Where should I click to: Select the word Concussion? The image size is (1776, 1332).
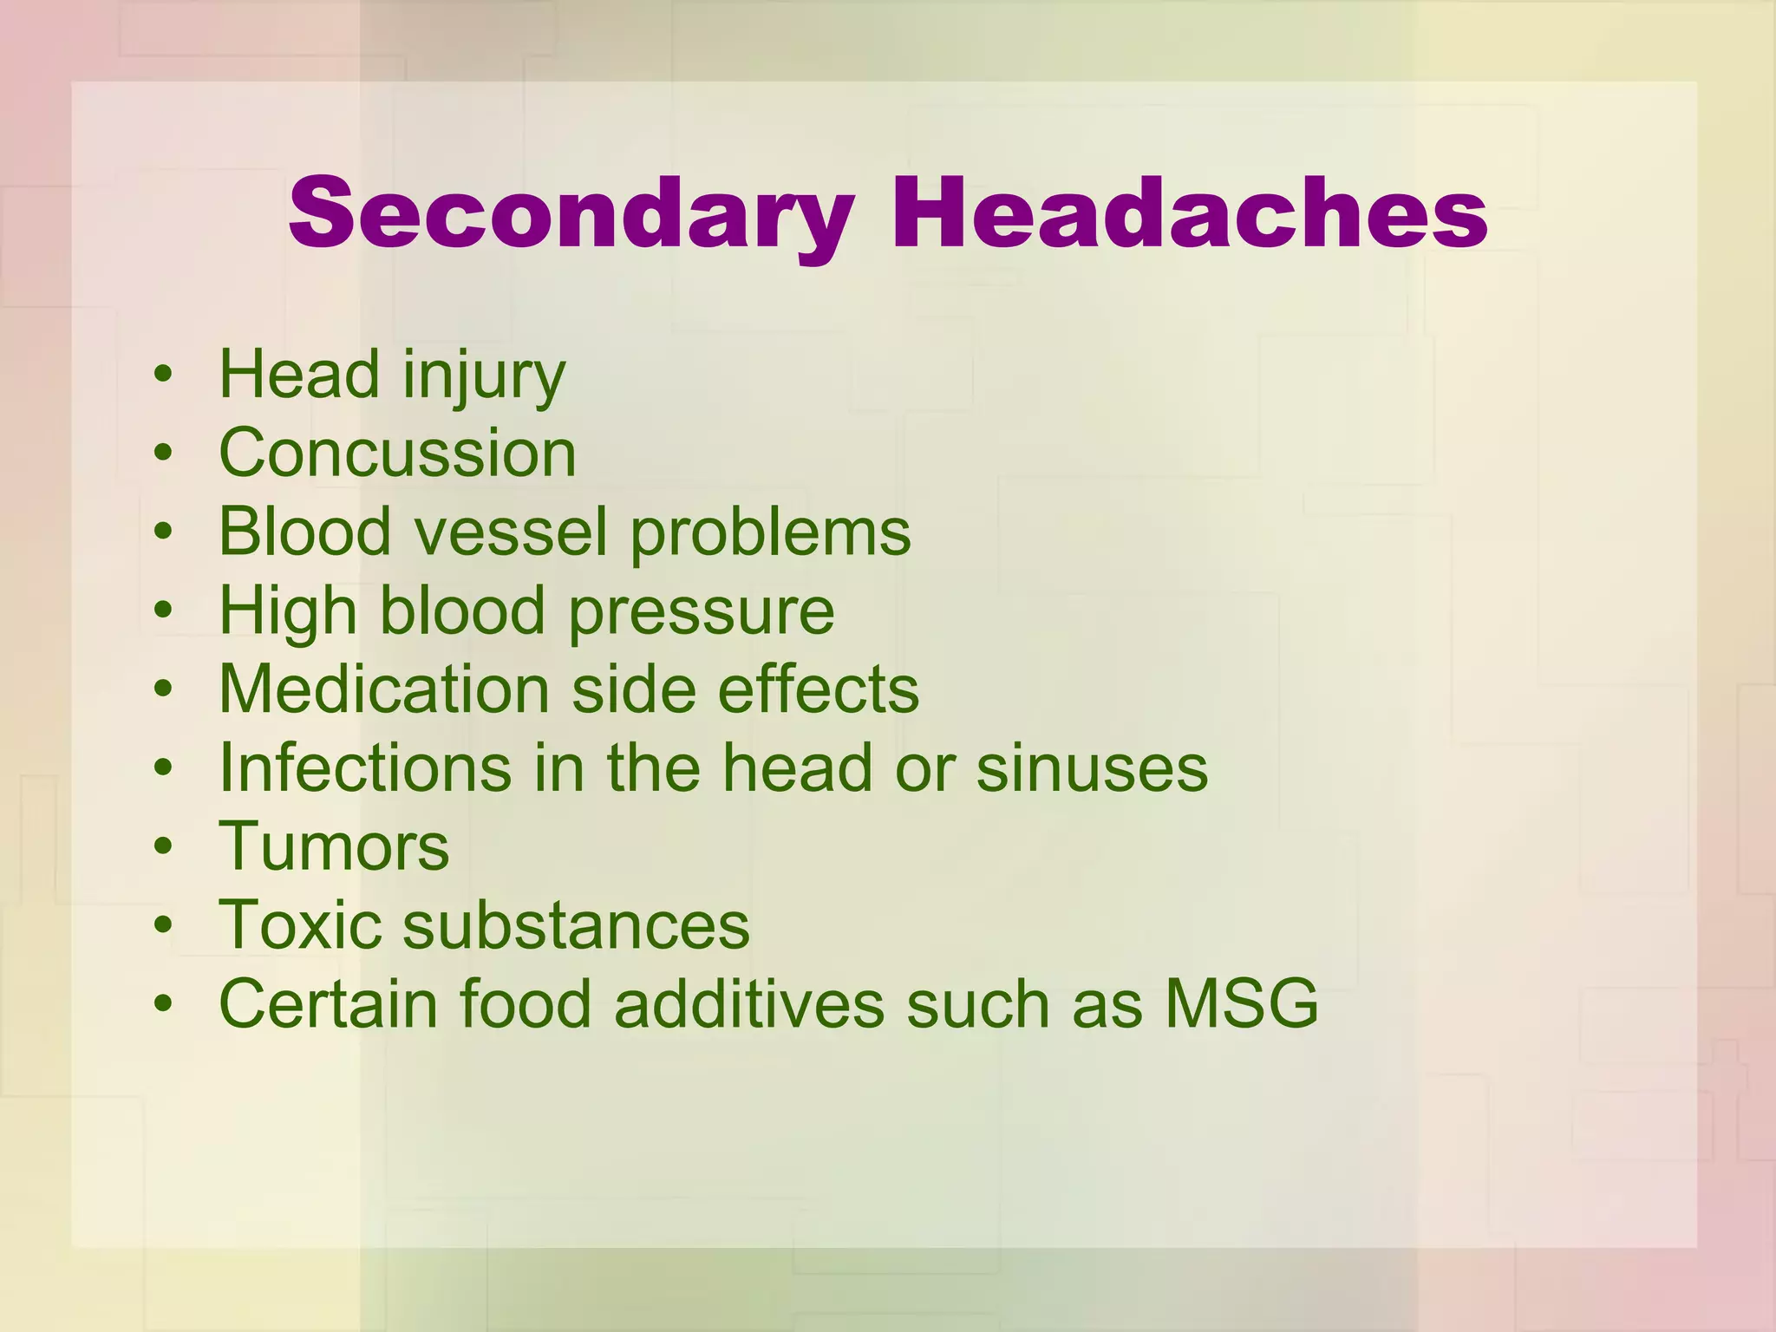click(x=397, y=454)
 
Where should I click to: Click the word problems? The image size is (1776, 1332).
click(x=770, y=532)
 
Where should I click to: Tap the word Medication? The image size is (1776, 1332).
click(x=384, y=689)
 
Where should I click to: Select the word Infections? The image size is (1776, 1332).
click(x=365, y=768)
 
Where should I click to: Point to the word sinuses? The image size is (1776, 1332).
click(x=1092, y=768)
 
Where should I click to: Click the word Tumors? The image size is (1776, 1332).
click(x=334, y=847)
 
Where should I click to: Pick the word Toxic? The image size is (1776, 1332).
click(x=300, y=925)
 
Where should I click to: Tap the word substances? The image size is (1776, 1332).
click(x=576, y=925)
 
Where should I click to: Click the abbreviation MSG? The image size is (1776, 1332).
click(x=1241, y=1004)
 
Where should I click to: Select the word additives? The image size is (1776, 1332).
click(x=749, y=1004)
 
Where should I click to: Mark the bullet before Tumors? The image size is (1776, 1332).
click(x=162, y=847)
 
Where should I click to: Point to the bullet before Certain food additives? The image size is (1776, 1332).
click(x=162, y=1004)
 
